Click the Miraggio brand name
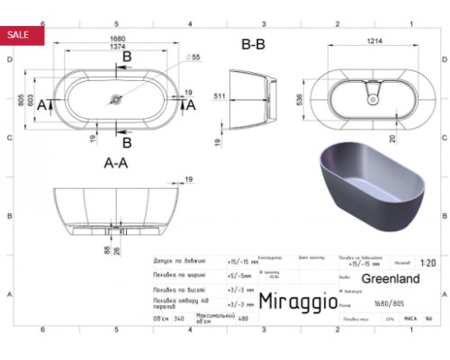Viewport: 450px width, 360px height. point(297,300)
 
